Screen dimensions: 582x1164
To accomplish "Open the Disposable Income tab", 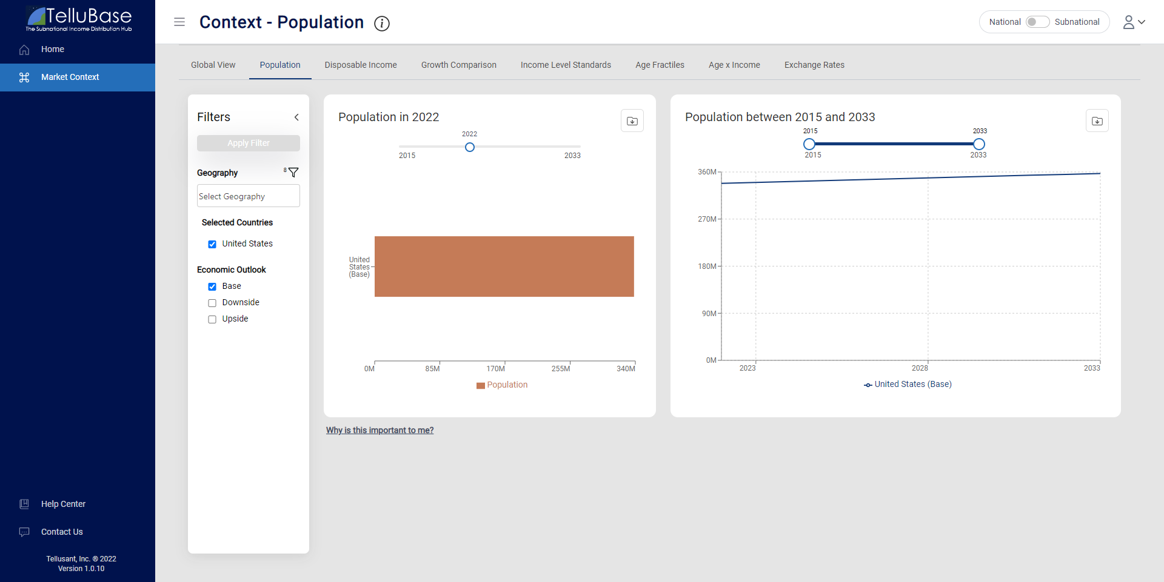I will [360, 65].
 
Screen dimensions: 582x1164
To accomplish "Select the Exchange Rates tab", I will [814, 65].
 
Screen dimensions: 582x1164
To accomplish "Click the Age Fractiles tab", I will [660, 65].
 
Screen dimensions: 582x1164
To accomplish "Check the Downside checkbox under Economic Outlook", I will [212, 303].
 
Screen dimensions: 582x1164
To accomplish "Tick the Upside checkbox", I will [212, 319].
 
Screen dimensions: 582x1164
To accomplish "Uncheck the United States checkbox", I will [212, 244].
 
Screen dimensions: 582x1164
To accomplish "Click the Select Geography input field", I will [248, 196].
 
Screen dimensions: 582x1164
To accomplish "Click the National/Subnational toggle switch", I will [1037, 22].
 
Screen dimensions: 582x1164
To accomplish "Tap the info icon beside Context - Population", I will [382, 24].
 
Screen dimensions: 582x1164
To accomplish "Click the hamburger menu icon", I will [179, 22].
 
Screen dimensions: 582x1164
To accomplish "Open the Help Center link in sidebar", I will [63, 504].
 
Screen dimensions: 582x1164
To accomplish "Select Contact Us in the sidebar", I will [62, 532].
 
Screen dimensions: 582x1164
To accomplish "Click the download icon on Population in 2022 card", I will [632, 121].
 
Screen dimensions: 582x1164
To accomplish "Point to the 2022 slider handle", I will [470, 147].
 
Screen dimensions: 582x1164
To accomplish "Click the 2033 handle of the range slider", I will [978, 144].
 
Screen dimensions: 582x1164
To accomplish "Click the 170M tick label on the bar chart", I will [495, 369].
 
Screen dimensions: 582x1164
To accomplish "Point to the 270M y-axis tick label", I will [707, 219].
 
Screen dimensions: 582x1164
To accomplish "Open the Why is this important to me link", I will [380, 430].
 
